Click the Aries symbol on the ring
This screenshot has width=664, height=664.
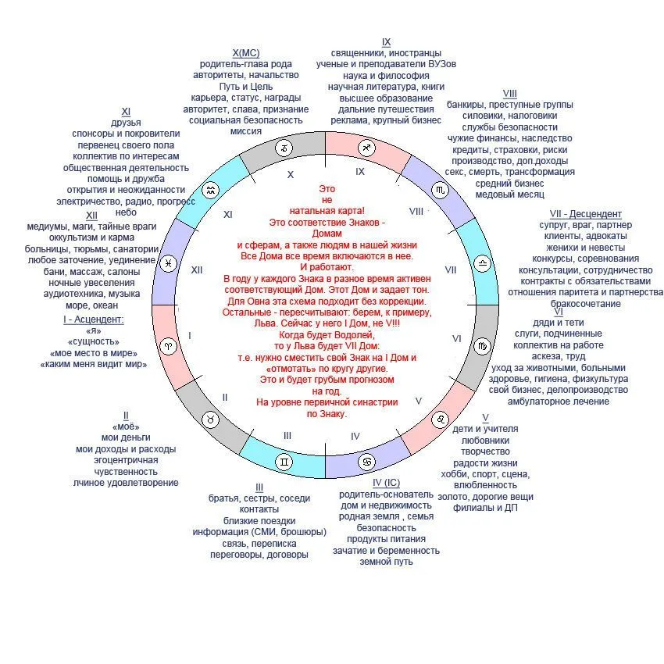[168, 344]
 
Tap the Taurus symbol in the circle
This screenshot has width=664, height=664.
[211, 420]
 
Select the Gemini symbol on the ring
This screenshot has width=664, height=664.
[285, 462]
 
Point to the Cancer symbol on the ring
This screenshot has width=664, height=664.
[366, 462]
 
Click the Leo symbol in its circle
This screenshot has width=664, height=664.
[441, 419]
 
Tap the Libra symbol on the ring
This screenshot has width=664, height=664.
[484, 264]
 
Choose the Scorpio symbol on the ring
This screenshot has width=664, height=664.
[441, 190]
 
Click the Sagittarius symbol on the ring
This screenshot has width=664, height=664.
[366, 148]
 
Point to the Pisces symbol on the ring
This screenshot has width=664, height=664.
[168, 264]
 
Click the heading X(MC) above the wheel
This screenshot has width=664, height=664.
[245, 52]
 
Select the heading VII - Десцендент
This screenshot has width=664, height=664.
[586, 214]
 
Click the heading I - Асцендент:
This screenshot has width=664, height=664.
[94, 320]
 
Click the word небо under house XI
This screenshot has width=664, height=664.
[126, 212]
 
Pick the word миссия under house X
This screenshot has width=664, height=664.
[245, 131]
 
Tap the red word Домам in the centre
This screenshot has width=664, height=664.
[327, 233]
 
